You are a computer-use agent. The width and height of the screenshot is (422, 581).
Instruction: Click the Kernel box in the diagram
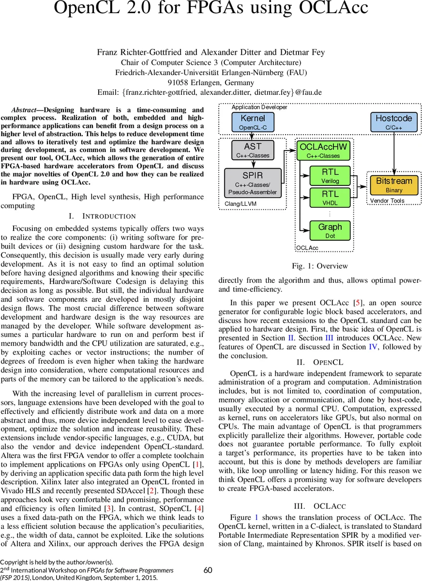coord(253,122)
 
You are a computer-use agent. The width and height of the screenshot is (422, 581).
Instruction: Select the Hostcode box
coord(394,122)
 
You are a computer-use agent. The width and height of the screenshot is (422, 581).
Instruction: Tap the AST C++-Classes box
coord(253,150)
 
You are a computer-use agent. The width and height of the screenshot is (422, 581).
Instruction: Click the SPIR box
coord(253,183)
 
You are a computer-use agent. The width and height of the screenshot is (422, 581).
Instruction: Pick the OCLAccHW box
coord(323,150)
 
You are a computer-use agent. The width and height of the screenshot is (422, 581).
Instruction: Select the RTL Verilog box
coord(330,176)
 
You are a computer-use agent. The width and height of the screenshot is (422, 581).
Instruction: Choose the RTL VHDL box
coord(330,198)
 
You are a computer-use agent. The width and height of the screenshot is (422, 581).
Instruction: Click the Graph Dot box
coord(330,230)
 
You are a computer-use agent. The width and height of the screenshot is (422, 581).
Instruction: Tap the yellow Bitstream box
coord(394,185)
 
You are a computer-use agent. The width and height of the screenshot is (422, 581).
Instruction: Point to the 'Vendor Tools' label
coord(387,200)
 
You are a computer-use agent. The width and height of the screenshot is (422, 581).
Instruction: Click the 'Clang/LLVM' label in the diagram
coord(241,204)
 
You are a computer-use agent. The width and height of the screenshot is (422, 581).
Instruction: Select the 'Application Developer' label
coord(259,107)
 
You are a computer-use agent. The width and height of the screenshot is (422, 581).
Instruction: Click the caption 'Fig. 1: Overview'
coord(320,266)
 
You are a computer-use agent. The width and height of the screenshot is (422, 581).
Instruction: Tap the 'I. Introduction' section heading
coord(103,216)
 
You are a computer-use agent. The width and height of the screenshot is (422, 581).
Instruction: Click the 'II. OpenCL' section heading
coord(320,362)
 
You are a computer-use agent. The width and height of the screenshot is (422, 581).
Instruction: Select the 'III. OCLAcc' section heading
coord(320,506)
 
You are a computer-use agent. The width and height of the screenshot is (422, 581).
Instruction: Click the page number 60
coord(208,570)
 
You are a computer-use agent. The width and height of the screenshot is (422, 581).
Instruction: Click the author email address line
coord(210,92)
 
